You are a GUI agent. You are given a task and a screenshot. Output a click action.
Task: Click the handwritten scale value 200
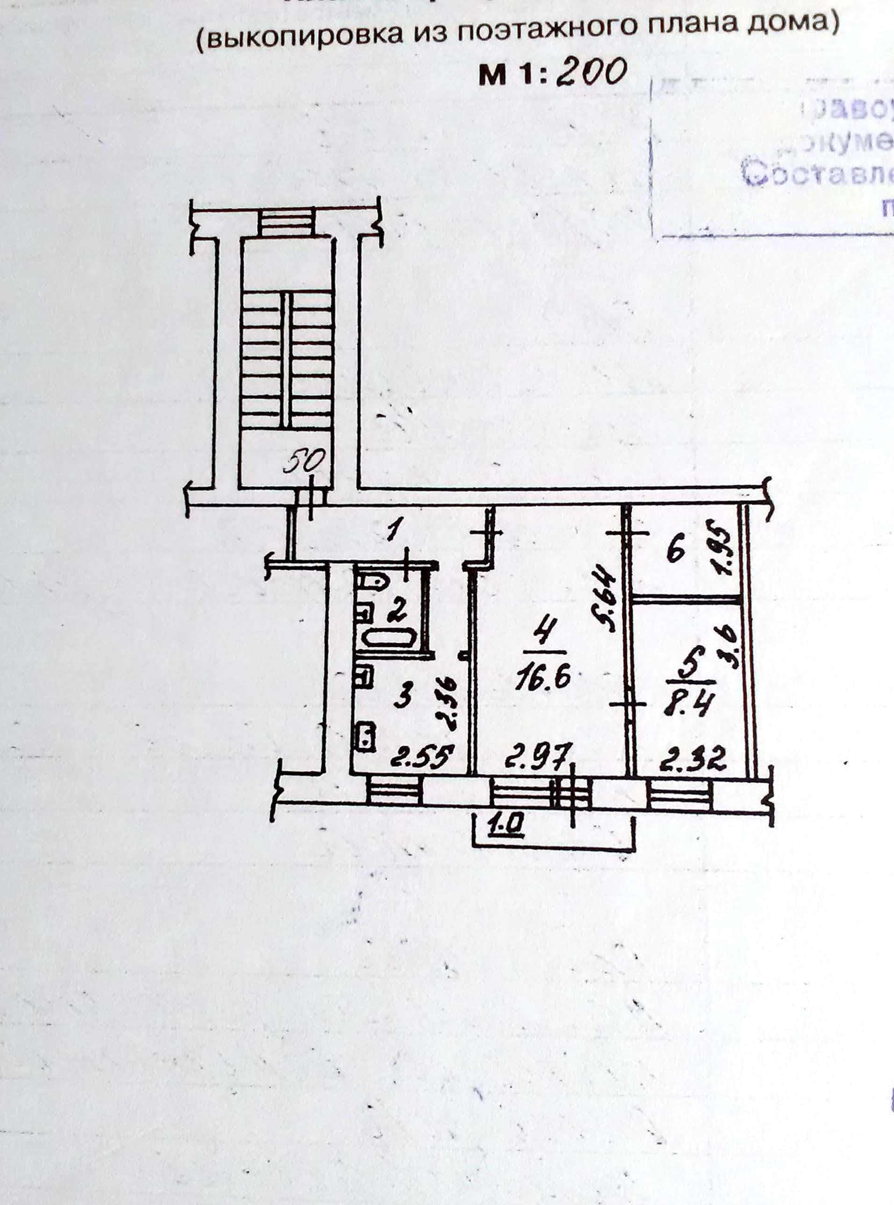point(591,72)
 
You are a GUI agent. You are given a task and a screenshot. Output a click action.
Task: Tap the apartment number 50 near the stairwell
point(304,463)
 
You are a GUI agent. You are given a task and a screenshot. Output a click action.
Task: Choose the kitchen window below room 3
point(395,792)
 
